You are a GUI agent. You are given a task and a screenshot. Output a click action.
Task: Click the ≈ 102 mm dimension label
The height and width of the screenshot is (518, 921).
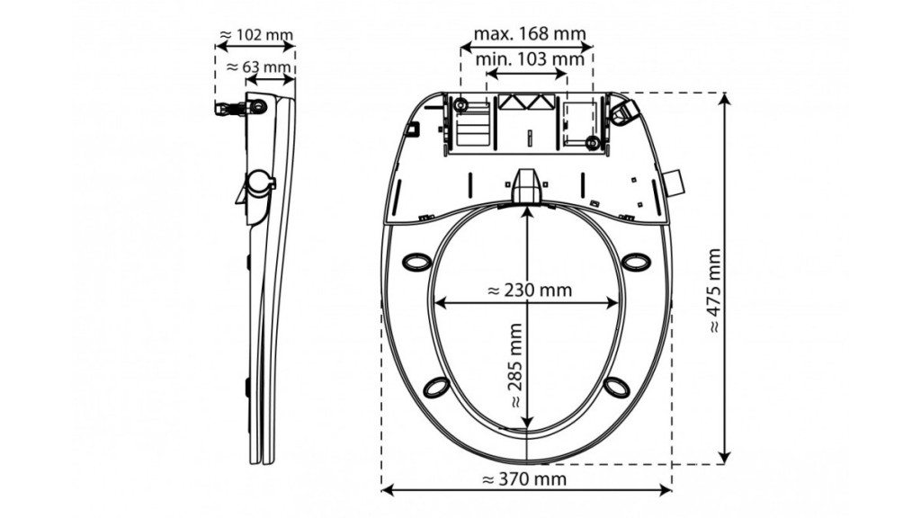tap(256, 35)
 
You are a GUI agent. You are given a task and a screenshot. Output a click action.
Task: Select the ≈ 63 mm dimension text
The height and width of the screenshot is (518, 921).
tap(259, 67)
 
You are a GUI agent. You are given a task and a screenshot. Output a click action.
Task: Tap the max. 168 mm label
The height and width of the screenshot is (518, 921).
tap(530, 33)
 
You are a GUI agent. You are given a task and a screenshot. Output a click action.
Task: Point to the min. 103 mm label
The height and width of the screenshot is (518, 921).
tap(530, 58)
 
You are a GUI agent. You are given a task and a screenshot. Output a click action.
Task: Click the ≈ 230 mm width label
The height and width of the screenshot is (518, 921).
tap(530, 290)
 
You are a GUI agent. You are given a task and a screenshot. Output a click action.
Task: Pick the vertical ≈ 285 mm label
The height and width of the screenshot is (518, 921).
tap(515, 365)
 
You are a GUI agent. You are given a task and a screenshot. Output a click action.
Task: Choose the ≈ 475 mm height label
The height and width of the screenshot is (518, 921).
tap(713, 290)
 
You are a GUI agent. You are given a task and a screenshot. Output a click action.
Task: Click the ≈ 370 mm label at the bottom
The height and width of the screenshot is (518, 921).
tap(524, 479)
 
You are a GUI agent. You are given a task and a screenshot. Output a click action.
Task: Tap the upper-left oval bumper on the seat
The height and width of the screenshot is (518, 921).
tap(416, 262)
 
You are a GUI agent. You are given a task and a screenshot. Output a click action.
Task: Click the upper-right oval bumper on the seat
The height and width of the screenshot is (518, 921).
tap(636, 262)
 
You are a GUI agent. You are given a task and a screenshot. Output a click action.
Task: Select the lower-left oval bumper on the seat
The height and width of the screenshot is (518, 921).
tap(437, 387)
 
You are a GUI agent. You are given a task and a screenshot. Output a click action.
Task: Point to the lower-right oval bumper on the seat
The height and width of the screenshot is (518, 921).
tap(616, 387)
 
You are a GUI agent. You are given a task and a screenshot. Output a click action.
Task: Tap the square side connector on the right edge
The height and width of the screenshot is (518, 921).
tap(675, 183)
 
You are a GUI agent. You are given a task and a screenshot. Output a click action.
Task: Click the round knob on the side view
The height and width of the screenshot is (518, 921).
tap(259, 182)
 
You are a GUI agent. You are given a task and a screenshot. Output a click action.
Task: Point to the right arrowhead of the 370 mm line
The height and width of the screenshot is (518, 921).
tap(666, 489)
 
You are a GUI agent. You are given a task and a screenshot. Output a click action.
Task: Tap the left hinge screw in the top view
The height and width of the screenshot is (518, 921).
tap(460, 106)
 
